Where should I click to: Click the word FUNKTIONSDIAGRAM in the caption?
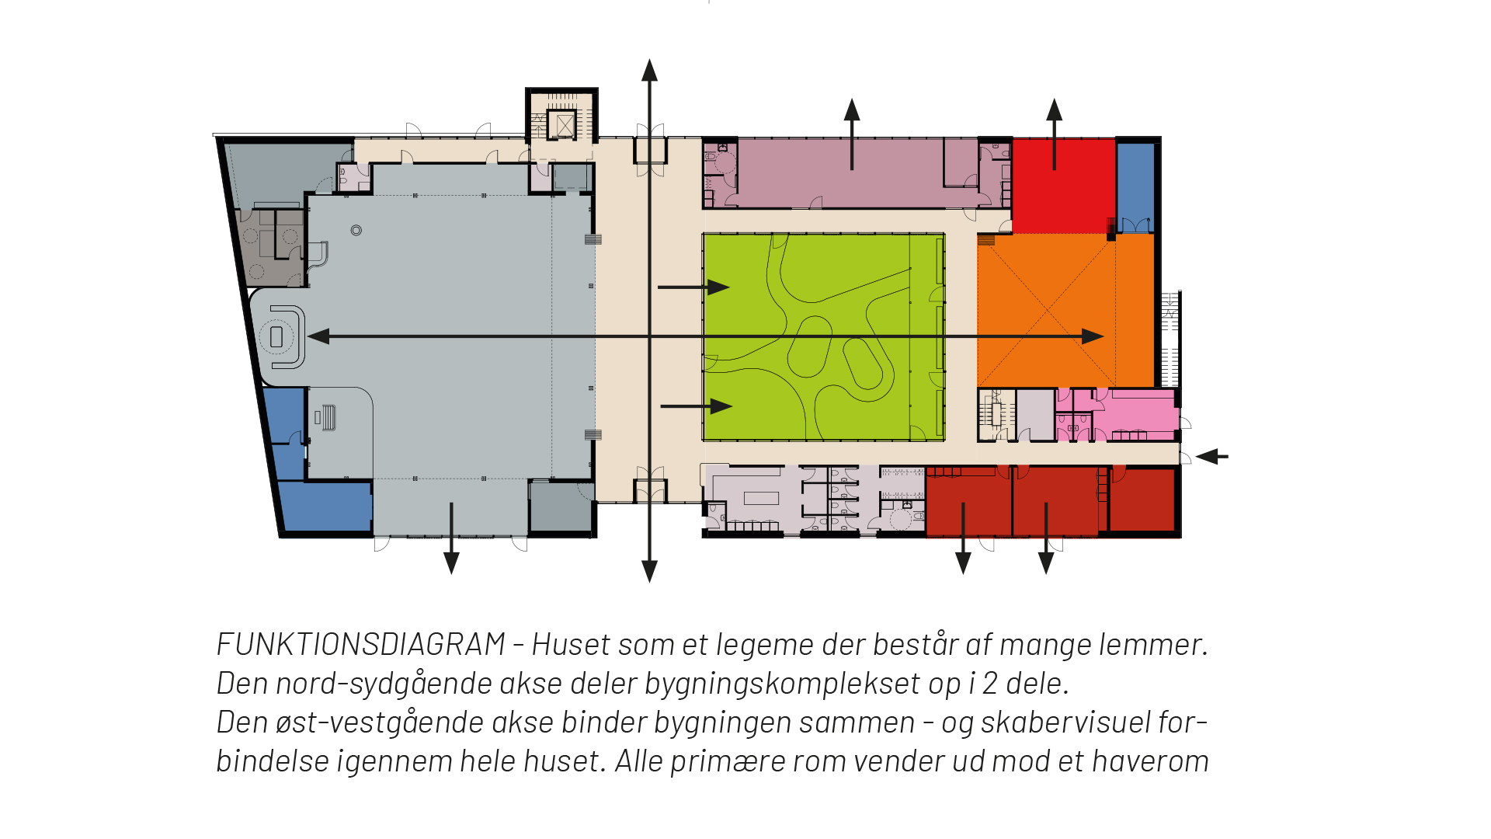[x=361, y=645]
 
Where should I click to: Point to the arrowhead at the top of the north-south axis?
[x=649, y=70]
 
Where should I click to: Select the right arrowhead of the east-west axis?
[x=1093, y=336]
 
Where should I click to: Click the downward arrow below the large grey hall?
[x=451, y=562]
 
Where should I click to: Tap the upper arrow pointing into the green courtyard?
[x=718, y=287]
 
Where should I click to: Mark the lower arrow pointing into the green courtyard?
[x=720, y=406]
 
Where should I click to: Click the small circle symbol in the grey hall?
[x=356, y=230]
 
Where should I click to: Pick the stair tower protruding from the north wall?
[x=562, y=115]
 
